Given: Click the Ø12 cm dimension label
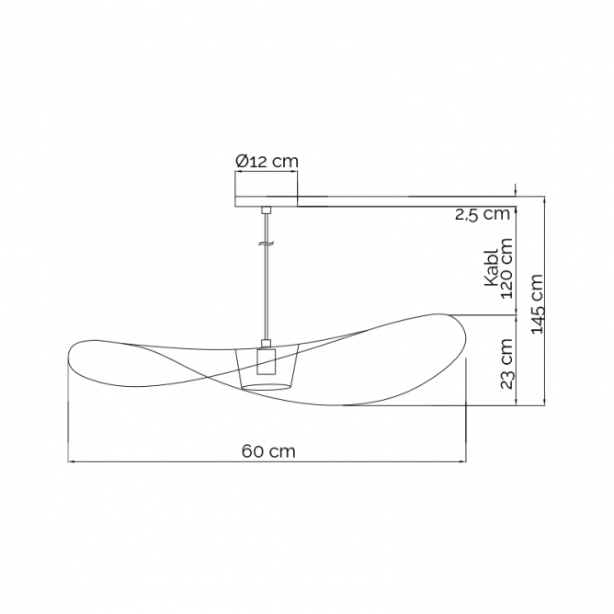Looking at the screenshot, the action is [x=267, y=161].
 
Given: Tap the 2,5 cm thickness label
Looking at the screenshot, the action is [x=483, y=214].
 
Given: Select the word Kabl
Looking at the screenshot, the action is [x=491, y=267].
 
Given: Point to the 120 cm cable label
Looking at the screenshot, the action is [x=506, y=268].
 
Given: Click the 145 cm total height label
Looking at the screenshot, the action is [x=537, y=303].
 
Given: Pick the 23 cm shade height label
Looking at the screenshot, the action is [x=506, y=363].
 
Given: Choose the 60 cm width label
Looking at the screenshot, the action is [x=268, y=451].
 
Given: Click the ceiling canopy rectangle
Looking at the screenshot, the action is [x=267, y=201].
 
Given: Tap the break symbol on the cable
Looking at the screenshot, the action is [x=266, y=244].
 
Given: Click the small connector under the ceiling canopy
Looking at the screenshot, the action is [x=267, y=210].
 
